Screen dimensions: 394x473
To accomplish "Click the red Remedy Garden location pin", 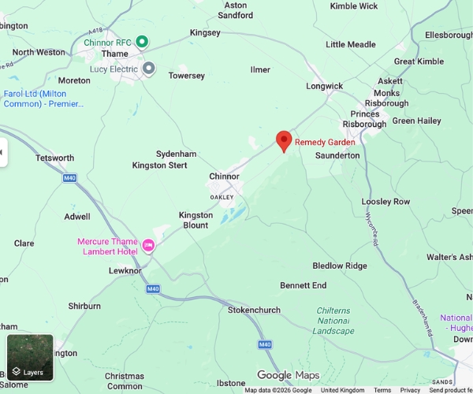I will coord(284,141).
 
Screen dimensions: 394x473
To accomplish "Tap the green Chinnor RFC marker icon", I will coord(142,41).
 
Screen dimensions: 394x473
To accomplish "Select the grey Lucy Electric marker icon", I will coord(149,69).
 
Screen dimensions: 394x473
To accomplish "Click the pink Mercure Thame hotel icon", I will coord(147,247).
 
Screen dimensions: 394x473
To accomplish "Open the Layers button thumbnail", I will coord(30,357).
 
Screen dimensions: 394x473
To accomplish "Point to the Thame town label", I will coord(115,54).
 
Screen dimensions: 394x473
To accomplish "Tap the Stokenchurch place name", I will coord(254,310).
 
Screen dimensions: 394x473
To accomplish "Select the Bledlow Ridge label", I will coord(340,266).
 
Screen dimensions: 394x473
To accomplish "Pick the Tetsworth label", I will coord(55,158).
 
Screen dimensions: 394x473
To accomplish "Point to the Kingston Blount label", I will coord(196,220).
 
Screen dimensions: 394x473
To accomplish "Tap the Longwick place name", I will coord(324,86).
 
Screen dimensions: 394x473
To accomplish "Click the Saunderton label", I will coord(337,155).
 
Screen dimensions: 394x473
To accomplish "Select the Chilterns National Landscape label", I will coord(334,321).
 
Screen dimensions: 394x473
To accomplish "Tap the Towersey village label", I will coord(186,76).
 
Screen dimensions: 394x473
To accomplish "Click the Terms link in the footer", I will coord(382,390).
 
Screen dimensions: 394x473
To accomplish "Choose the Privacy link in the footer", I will coord(410,390).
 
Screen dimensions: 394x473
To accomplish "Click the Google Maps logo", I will coord(288,375).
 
